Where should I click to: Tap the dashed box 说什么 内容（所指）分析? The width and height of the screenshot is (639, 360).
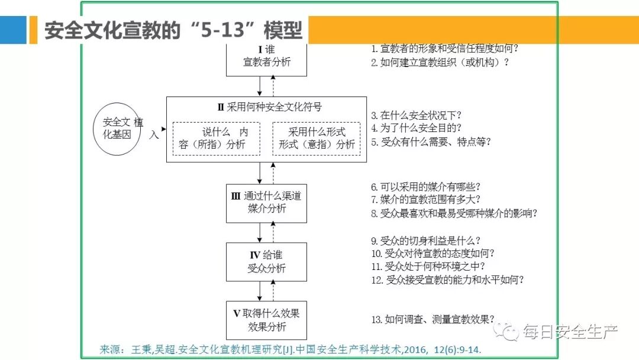pos(216,139)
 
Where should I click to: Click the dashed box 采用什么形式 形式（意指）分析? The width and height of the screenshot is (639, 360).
pos(317,139)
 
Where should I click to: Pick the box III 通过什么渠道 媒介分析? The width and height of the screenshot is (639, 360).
pos(267,202)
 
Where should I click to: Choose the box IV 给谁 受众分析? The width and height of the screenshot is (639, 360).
pos(267,262)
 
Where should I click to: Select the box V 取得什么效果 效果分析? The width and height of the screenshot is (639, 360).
pos(267,320)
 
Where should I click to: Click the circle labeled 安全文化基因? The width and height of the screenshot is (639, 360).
pos(117,128)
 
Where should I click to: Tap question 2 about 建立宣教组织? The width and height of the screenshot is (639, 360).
pos(440,62)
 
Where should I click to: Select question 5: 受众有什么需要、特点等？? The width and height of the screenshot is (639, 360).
pos(431,142)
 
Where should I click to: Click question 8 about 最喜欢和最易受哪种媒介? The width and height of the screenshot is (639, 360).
pos(454,214)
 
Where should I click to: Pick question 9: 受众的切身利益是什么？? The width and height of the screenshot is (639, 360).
pos(425,240)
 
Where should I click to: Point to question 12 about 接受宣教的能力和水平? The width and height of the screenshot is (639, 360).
pos(447,280)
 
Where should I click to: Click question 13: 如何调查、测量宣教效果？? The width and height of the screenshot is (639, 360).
pos(433,320)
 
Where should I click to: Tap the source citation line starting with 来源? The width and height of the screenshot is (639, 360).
pos(290,350)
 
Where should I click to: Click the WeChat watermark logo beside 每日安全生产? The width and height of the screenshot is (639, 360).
pos(508,332)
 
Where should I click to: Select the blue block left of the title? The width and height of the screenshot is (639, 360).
pos(13,30)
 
